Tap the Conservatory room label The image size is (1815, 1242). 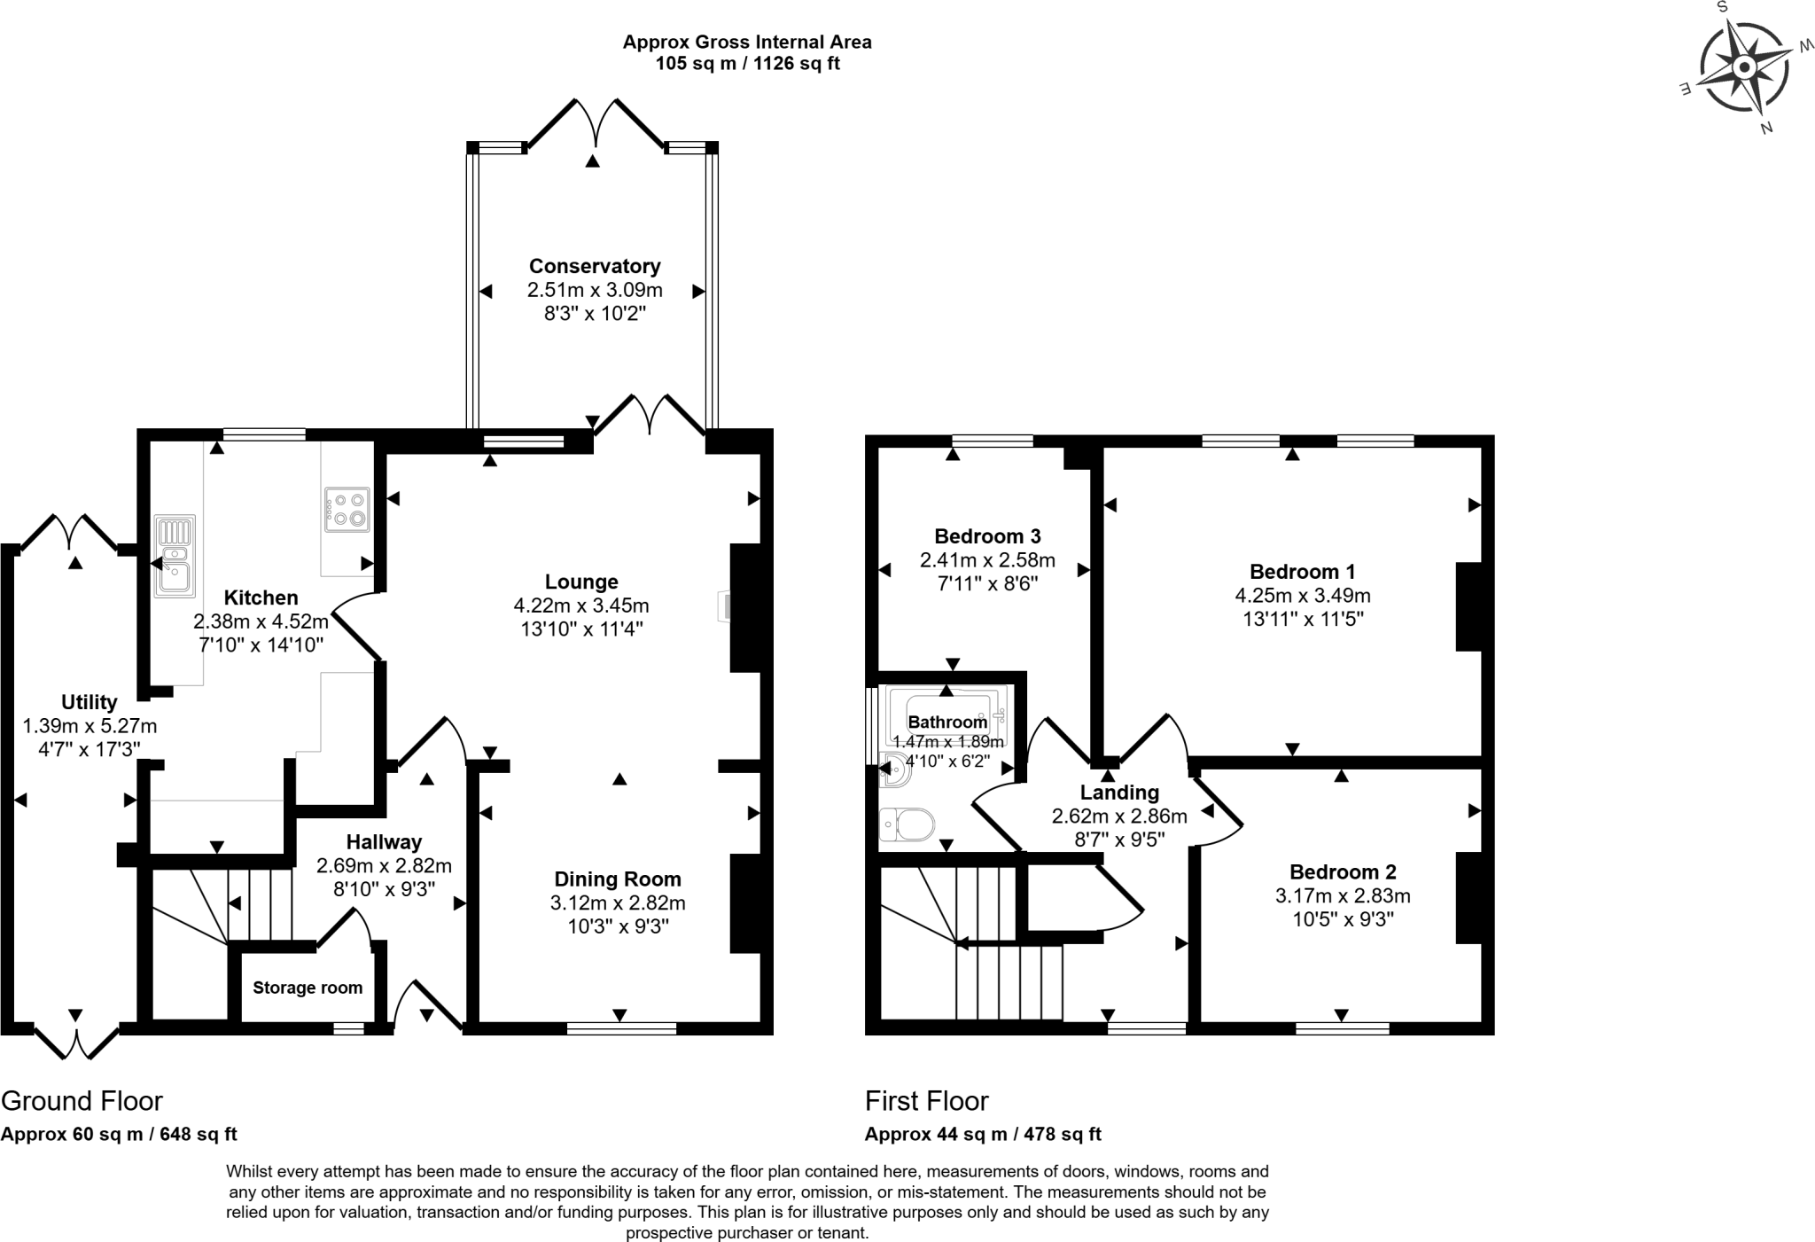point(595,266)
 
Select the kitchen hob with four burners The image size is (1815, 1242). point(347,510)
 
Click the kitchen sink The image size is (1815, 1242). point(175,556)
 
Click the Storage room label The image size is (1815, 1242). point(308,988)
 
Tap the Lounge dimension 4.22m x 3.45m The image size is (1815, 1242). point(581,605)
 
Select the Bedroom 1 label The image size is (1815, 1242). point(1302,572)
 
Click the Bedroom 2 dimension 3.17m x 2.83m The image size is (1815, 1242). point(1343,895)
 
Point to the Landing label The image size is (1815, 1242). point(1119,793)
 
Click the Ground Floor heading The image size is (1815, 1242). point(82,1101)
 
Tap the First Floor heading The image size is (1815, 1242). point(926,1101)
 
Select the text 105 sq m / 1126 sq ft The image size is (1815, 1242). point(747,64)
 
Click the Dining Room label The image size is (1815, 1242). point(618,879)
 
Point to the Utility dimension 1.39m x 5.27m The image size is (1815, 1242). point(90,726)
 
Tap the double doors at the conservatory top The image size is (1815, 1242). point(595,124)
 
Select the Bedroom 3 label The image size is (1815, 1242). point(987,536)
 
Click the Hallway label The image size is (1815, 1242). point(384,842)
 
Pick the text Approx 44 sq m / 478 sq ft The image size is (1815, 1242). point(983,1134)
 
